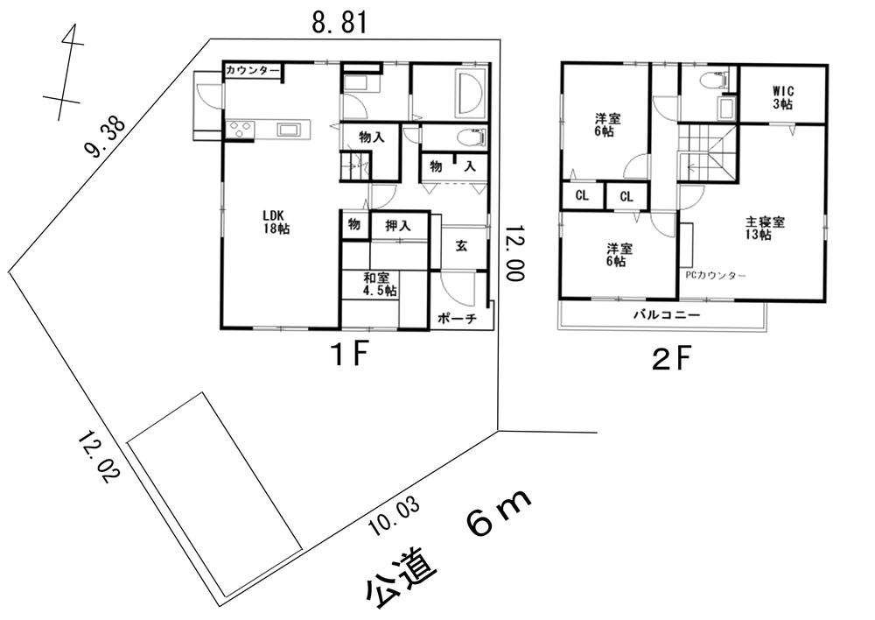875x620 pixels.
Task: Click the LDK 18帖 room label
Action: click(x=277, y=222)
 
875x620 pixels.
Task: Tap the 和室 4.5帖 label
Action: click(x=381, y=284)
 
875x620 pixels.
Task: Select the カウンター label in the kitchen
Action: click(x=252, y=71)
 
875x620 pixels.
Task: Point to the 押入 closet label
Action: click(x=398, y=226)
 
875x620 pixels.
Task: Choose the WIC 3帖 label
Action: click(x=782, y=96)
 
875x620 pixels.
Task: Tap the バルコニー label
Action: click(x=666, y=314)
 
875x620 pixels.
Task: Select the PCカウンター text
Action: click(x=715, y=276)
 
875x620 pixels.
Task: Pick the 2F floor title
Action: click(x=672, y=359)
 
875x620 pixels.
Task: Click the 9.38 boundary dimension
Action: click(x=104, y=137)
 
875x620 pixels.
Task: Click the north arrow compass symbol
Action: click(x=64, y=72)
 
